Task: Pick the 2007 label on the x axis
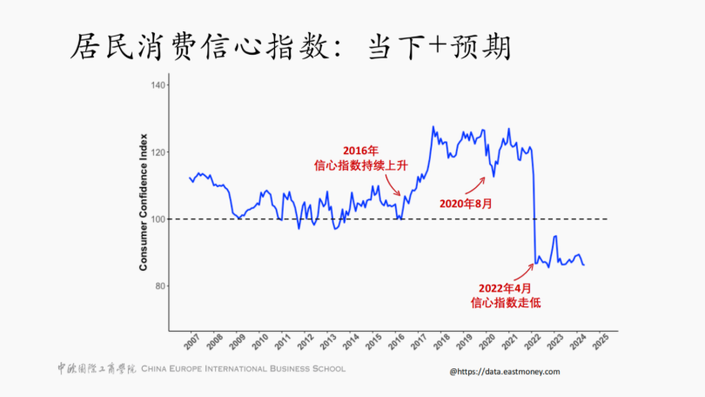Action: pos(191,341)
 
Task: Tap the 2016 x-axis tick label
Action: pos(395,341)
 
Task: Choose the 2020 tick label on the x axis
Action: pos(486,341)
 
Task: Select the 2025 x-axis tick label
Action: pos(599,341)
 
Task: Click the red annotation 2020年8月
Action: pos(466,204)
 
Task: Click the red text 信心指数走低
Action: pos(505,303)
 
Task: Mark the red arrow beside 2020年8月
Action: pos(474,185)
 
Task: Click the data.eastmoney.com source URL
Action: pos(505,371)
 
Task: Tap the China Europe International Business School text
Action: pos(243,369)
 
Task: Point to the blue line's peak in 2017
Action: pos(433,128)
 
